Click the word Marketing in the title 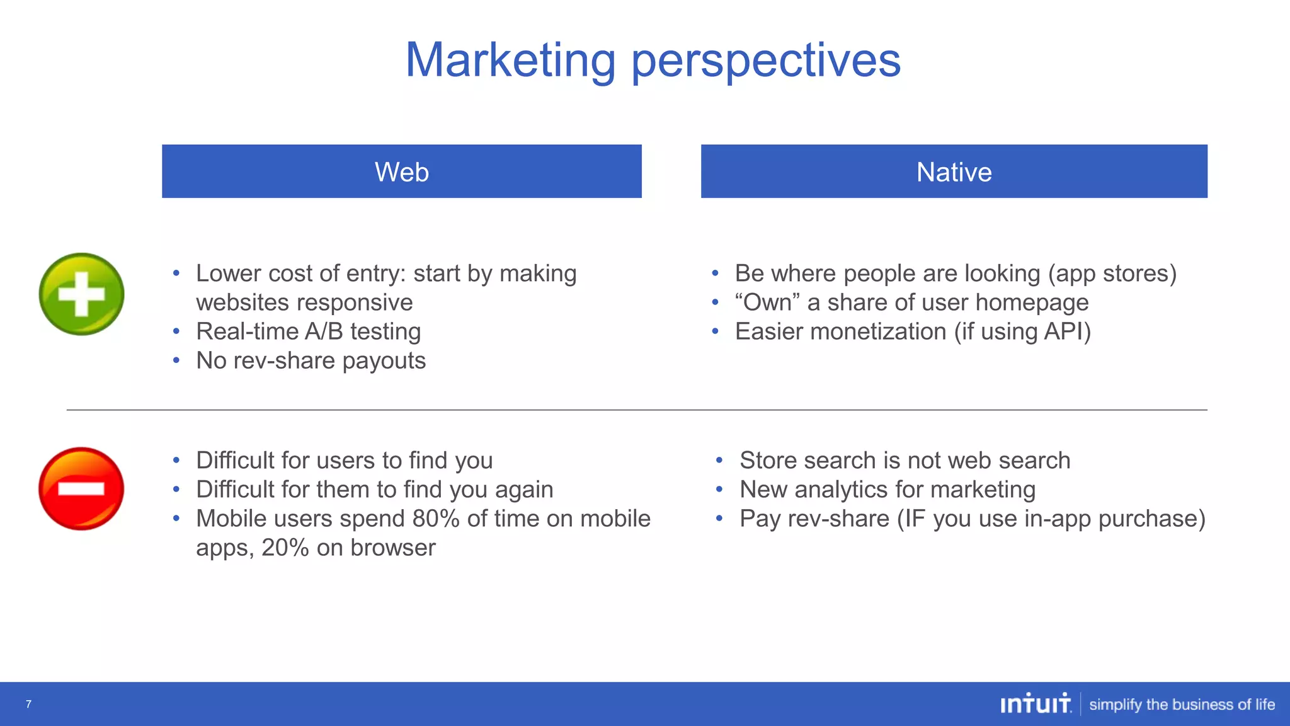point(510,60)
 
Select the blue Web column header point(402,171)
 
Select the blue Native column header point(954,171)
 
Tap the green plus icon point(81,294)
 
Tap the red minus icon point(81,488)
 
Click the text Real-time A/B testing point(308,331)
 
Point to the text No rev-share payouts point(311,360)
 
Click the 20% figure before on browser point(285,548)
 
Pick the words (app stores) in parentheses point(1112,274)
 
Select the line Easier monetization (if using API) point(912,331)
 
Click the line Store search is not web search point(905,461)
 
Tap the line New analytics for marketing point(887,490)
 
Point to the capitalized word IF point(911,519)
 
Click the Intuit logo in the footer point(1035,704)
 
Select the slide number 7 point(28,704)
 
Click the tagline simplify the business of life point(1182,705)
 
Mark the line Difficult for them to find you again point(374,490)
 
